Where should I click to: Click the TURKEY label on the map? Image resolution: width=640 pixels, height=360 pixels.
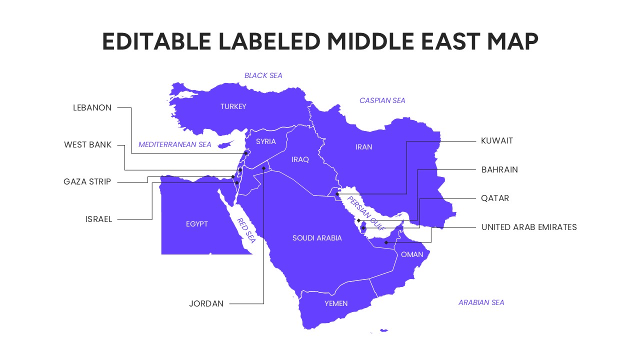(233, 106)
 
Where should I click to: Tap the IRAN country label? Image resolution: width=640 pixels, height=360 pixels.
(363, 147)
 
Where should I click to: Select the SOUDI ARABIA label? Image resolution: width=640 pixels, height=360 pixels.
(317, 238)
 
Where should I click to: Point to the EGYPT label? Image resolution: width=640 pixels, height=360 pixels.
(196, 224)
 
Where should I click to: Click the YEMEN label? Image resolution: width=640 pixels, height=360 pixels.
(336, 303)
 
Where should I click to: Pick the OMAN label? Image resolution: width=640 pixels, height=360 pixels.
(412, 254)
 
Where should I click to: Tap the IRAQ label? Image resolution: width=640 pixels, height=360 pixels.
(300, 159)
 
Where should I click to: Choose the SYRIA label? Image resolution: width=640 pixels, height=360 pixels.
(265, 141)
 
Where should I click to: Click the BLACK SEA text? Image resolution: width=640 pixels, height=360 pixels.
(263, 75)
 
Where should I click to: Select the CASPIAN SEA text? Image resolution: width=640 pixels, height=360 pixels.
(382, 100)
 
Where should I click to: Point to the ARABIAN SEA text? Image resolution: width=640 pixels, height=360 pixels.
(481, 302)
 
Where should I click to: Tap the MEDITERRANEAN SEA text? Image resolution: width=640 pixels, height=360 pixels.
(175, 144)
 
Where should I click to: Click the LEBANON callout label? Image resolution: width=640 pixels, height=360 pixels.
(92, 107)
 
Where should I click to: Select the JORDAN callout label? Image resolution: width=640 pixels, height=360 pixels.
(206, 303)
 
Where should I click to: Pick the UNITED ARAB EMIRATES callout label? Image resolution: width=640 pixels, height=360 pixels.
(529, 227)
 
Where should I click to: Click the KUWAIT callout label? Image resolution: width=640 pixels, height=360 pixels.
(497, 140)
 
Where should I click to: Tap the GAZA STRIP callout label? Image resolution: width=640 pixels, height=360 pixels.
(87, 182)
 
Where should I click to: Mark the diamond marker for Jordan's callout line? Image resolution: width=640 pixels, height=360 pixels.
(263, 168)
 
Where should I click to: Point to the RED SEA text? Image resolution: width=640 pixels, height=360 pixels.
(246, 230)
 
